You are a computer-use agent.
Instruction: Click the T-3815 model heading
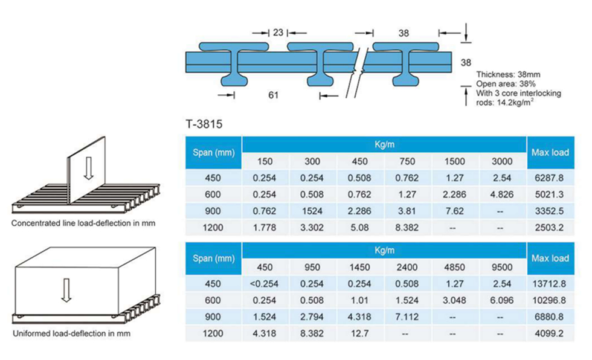204,124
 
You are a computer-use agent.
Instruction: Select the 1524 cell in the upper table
312,211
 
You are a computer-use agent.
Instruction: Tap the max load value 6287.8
549,178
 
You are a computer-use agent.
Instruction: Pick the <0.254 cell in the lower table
265,284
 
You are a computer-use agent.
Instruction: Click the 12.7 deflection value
359,333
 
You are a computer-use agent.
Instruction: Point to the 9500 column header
502,267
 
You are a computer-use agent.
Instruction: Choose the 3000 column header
502,161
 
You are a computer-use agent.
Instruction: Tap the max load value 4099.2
549,333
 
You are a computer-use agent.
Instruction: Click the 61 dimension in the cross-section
273,95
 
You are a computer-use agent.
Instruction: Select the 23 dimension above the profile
278,33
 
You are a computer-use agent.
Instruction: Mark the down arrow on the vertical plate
88,169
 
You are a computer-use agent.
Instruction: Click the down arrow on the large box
66,290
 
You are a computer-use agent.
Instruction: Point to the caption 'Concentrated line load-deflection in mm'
83,223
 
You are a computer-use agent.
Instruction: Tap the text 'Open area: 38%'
506,84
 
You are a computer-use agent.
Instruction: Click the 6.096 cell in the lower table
502,300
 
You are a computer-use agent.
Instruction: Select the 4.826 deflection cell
502,194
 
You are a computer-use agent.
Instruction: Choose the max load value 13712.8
549,284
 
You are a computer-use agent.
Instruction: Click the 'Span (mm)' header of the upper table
214,153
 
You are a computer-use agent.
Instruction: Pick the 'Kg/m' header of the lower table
384,250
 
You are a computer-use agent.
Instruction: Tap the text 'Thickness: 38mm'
508,74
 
